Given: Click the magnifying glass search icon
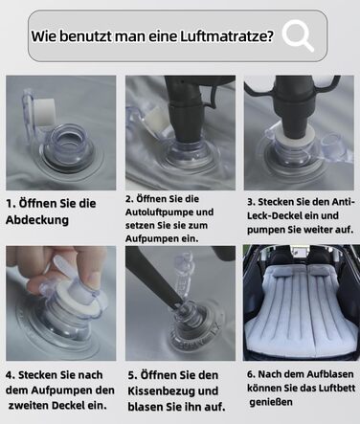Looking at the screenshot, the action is pos(298,35).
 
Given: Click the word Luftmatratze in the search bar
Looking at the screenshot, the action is pos(227,36).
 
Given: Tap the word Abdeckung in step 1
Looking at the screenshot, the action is pos(37,220).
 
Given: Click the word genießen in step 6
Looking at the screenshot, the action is pos(271,402).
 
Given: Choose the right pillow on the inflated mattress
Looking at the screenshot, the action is pos(323,271).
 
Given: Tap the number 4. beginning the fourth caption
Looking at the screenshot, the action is pos(11,375).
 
